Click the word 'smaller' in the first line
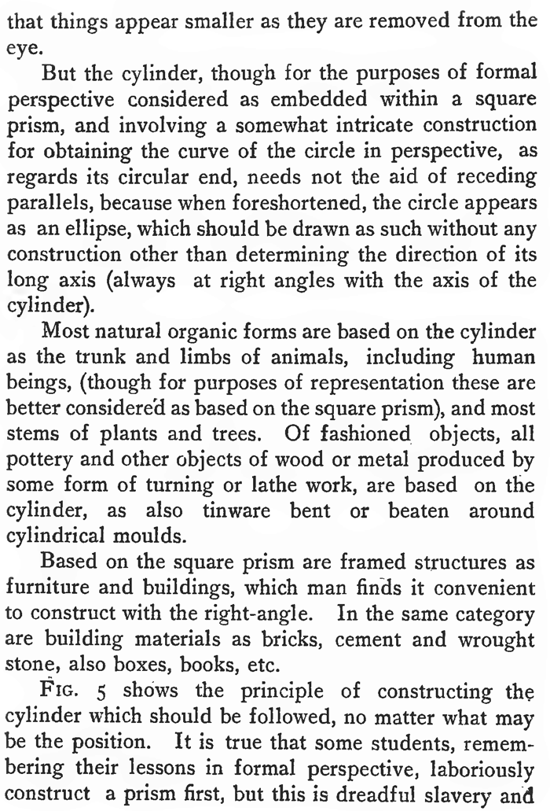point(187,17)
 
